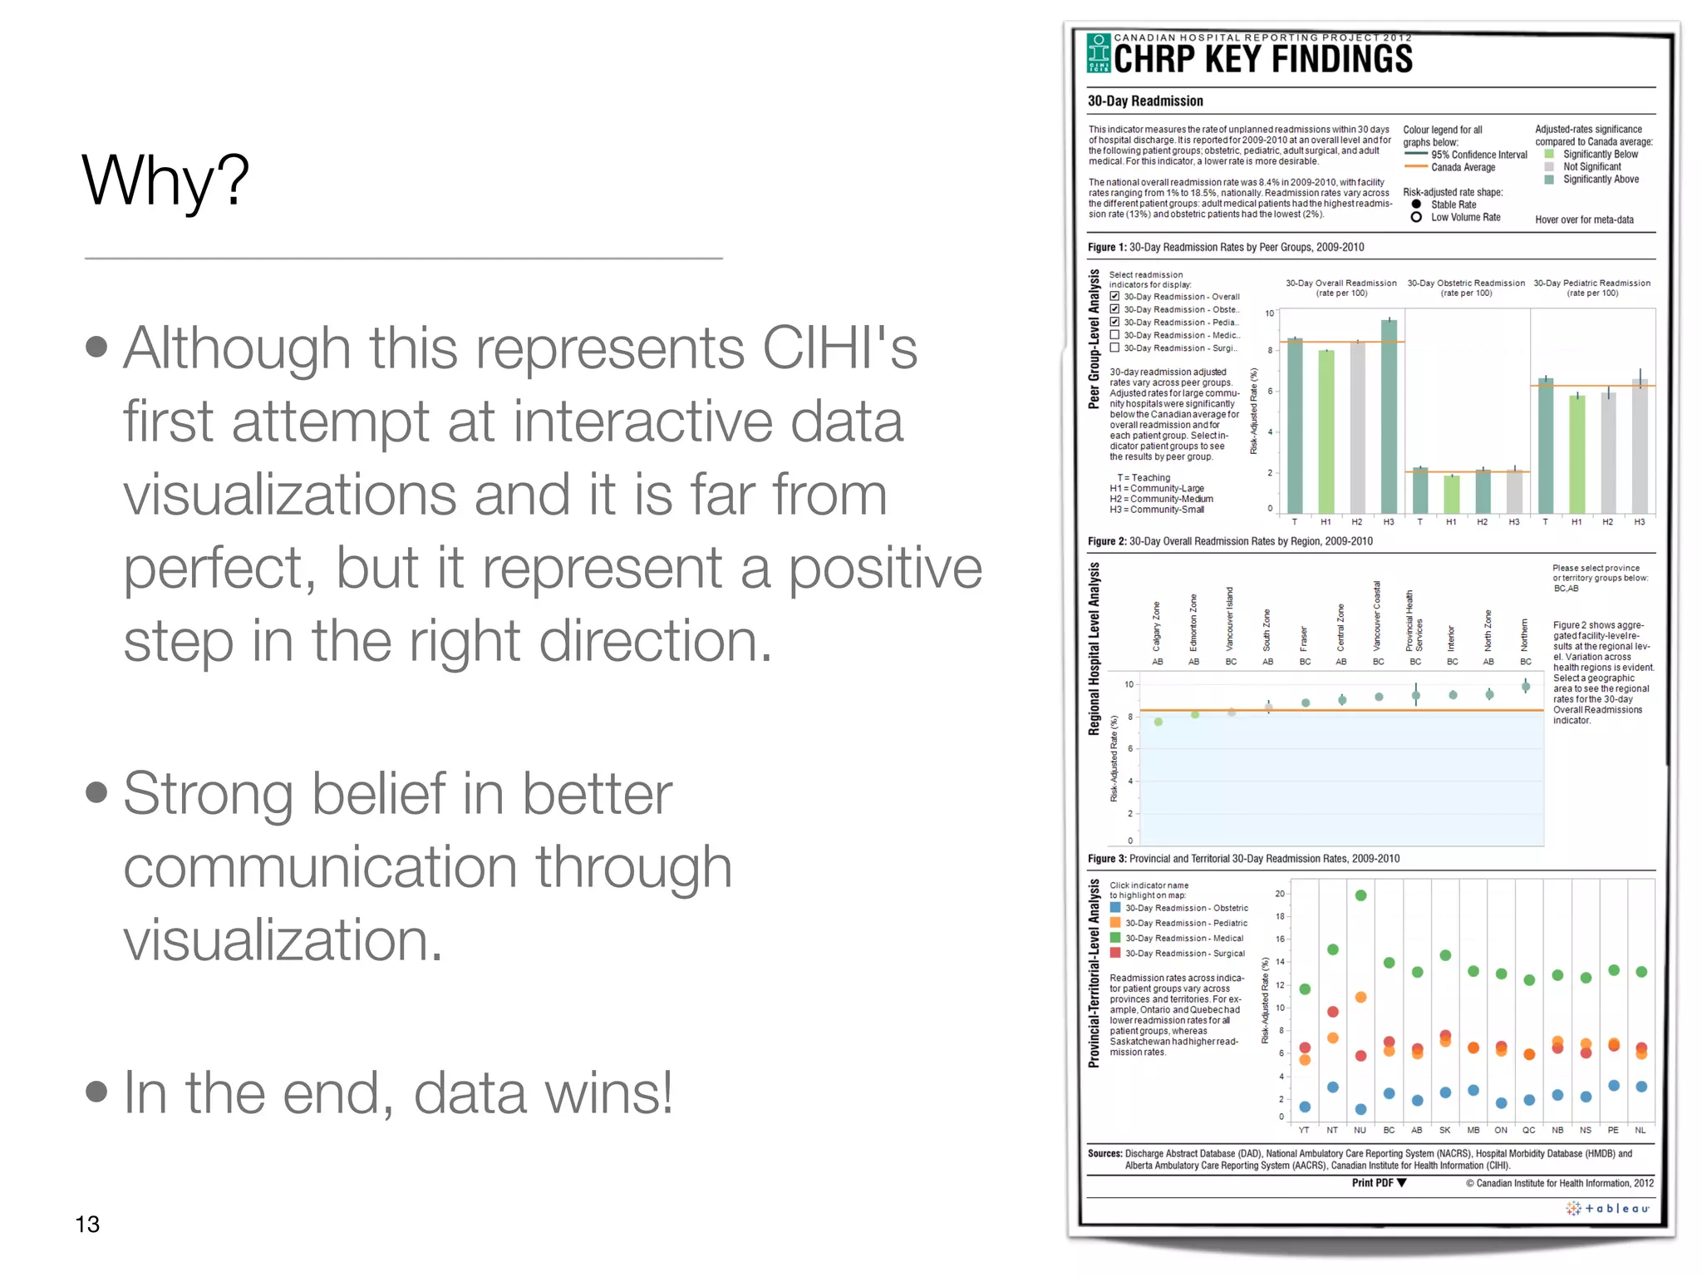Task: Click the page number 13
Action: (x=87, y=1224)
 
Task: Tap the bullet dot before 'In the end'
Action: (x=96, y=1091)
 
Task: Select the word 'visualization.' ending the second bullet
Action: (x=283, y=939)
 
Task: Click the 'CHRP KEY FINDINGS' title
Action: (x=1262, y=59)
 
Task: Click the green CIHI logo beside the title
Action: (x=1099, y=53)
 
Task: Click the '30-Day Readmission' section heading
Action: (x=1145, y=101)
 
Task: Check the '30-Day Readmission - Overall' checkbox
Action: (x=1115, y=297)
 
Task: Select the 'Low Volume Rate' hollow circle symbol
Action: (x=1416, y=217)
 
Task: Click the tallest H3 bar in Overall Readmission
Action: (x=1389, y=416)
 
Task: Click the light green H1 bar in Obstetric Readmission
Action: (x=1451, y=494)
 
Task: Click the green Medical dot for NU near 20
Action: (x=1360, y=895)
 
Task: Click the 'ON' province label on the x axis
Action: (x=1501, y=1130)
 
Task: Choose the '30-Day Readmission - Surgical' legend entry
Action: (x=1184, y=954)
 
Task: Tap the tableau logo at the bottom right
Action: (x=1607, y=1209)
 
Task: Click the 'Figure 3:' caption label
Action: (x=1107, y=859)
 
